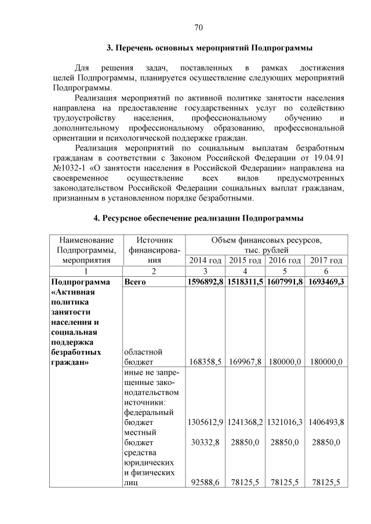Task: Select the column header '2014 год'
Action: coord(206,260)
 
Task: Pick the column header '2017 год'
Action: coord(326,260)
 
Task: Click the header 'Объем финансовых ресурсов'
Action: coord(266,239)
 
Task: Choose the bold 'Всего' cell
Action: coord(135,282)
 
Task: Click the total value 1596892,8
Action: coord(205,282)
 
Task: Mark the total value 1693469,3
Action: coord(326,282)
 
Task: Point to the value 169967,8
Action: coord(246,362)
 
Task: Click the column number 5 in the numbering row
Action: coord(286,271)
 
